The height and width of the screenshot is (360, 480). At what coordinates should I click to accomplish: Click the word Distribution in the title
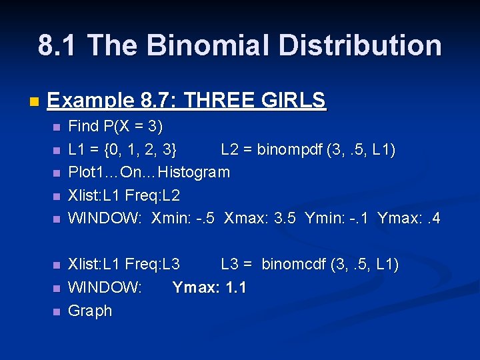(x=360, y=45)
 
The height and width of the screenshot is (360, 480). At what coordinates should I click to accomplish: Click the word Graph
(x=90, y=311)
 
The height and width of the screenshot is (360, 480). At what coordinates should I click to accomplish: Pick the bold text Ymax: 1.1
(x=209, y=288)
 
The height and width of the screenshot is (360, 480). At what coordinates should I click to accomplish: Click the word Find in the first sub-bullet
(x=83, y=126)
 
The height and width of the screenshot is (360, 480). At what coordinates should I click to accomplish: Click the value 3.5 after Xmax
(x=287, y=218)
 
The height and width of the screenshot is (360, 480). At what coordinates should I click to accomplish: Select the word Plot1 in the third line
(x=85, y=173)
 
